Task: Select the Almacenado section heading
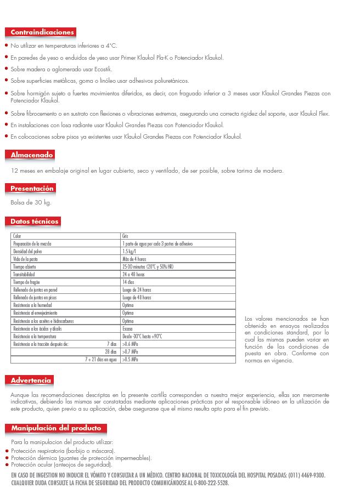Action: coord(32,155)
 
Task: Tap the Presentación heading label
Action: coord(32,189)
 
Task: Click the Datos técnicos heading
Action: coord(35,222)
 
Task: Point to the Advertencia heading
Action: coord(31,380)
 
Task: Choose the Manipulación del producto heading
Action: coord(56,428)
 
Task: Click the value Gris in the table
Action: coord(125,236)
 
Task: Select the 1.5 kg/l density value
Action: coord(128,251)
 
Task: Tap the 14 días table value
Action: coord(128,282)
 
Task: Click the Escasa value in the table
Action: coord(127,328)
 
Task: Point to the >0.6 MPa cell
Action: coord(130,344)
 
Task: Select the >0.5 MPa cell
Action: coord(130,359)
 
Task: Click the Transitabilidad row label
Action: coord(25,274)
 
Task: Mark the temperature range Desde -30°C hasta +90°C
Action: coord(142,336)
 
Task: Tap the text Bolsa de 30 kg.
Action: coord(31,202)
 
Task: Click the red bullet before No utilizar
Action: coord(6,46)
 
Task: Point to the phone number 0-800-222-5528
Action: coord(210,483)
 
